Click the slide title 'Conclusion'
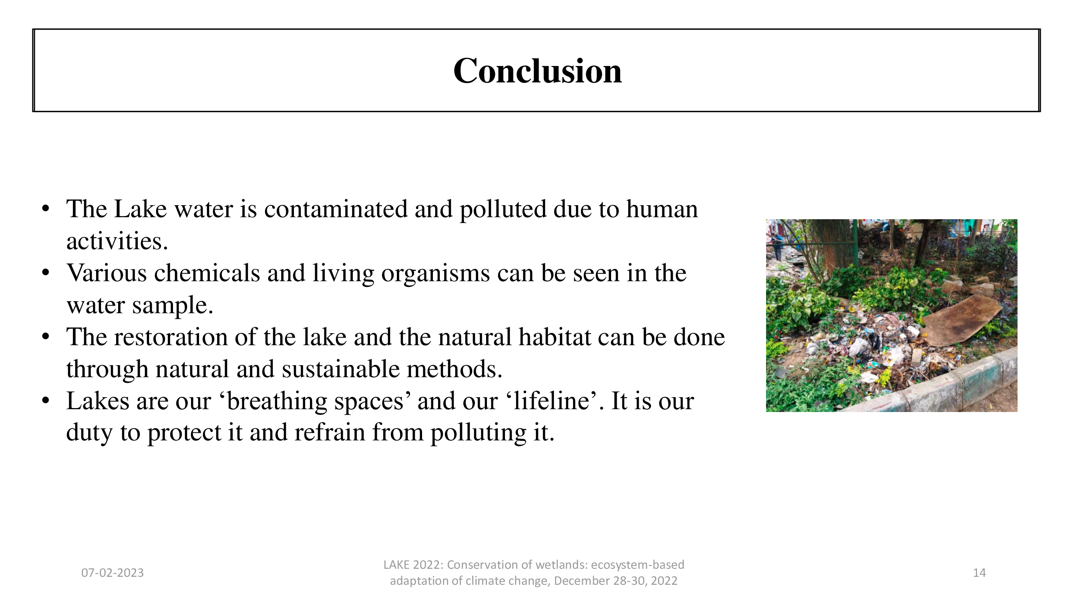537,71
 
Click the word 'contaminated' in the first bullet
336,209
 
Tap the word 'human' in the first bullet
662,209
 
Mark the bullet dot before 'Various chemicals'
46,273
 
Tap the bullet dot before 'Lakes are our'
46,401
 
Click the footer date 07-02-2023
113,573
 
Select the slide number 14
979,573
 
